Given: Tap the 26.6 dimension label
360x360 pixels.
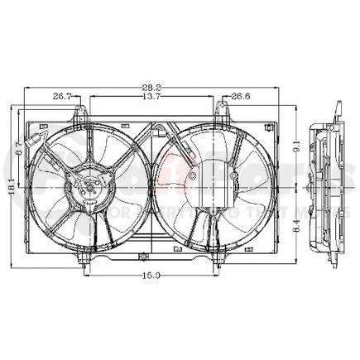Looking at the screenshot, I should tap(241, 97).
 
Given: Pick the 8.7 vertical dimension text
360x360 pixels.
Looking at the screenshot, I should tap(20, 152).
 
